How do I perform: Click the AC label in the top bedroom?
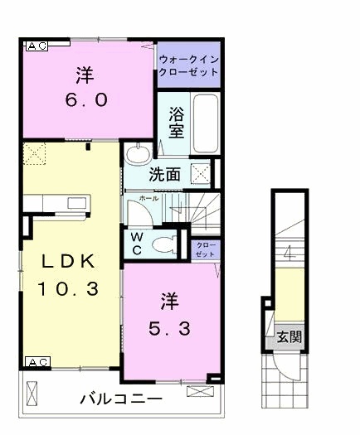36,46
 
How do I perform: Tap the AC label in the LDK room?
38,362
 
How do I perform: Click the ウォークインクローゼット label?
188,65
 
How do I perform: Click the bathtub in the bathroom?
206,123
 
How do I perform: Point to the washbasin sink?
138,155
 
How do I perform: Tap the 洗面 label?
164,175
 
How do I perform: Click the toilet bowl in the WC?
164,245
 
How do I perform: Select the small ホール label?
148,199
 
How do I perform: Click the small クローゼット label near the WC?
206,249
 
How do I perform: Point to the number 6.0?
86,100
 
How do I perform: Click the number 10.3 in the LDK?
68,289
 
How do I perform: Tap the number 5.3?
169,328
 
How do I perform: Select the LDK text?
68,261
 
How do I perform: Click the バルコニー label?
121,399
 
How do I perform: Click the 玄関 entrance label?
289,337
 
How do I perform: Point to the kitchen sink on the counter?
78,203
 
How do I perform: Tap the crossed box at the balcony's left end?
32,394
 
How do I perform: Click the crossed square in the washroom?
201,175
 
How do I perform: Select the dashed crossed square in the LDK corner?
35,153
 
